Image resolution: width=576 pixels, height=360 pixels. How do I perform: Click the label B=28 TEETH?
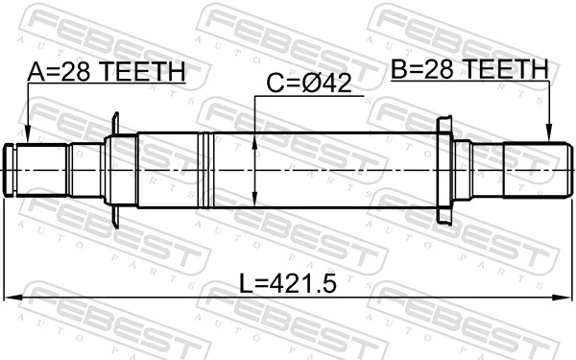(x=468, y=70)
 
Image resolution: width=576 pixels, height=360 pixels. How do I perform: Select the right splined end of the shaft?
(x=532, y=170)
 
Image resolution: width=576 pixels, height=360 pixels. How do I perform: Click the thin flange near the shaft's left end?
(x=114, y=170)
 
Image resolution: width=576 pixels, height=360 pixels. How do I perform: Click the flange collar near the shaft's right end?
(x=444, y=170)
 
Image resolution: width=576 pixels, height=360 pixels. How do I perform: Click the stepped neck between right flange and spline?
(x=480, y=170)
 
